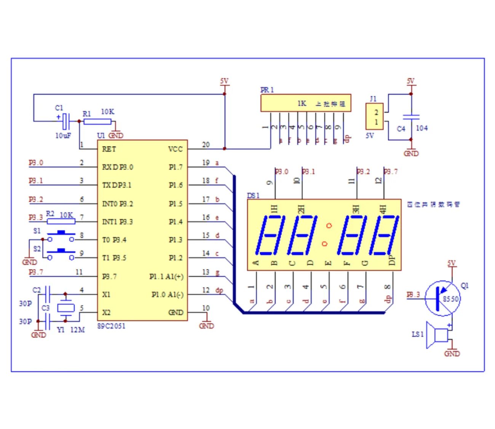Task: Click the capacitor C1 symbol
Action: [66, 122]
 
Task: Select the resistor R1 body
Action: [97, 122]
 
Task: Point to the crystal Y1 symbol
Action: [65, 308]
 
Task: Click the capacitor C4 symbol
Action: [411, 117]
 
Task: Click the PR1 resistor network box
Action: [305, 103]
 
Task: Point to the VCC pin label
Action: [176, 149]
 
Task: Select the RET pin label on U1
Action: [109, 149]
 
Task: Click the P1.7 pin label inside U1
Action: [176, 167]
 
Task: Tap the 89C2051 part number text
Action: [111, 326]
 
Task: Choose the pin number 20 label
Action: [206, 145]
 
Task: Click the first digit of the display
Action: [271, 235]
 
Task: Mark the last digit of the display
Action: [383, 235]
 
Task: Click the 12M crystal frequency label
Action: [77, 330]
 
